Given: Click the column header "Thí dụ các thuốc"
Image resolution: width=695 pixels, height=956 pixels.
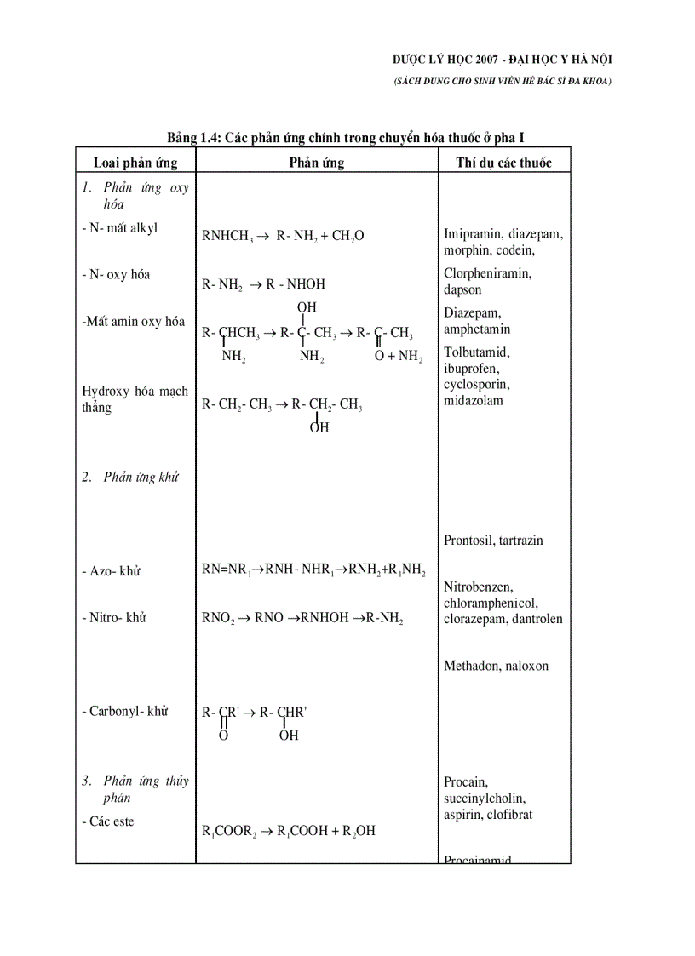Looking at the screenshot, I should click(x=504, y=162).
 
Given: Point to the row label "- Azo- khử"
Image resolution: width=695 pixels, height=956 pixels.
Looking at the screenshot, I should click(x=111, y=571).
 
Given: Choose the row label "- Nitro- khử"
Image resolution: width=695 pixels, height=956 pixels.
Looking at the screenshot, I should click(x=114, y=617).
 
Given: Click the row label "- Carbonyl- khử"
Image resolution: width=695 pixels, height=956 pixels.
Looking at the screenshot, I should click(x=125, y=711).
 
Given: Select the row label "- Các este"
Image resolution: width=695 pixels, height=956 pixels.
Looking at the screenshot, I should click(x=108, y=821).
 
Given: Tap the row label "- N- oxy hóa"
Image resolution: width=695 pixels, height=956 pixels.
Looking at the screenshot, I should click(x=116, y=275).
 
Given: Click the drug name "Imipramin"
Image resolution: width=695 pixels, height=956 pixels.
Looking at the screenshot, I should click(x=473, y=234).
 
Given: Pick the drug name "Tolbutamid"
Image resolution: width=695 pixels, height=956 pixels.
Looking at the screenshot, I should click(x=474, y=352).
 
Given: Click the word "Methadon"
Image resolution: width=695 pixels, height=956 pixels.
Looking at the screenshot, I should click(x=471, y=666).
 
